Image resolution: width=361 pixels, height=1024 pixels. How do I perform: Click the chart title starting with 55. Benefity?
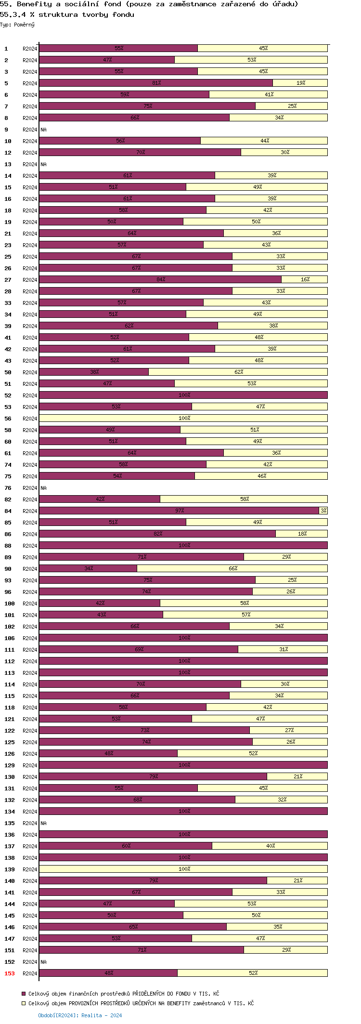point(149,4)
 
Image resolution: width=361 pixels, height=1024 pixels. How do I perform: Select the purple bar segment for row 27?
point(160,279)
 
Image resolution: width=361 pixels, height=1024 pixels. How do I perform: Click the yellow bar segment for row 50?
point(238,372)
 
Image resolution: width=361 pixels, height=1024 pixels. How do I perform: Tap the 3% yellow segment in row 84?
point(323,511)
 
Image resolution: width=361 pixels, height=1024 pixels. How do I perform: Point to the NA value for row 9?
point(43,130)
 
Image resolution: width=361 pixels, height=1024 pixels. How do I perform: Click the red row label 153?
point(10,973)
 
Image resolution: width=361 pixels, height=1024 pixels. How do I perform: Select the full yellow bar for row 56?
point(183,418)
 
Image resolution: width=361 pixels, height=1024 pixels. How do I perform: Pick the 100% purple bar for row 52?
point(183,395)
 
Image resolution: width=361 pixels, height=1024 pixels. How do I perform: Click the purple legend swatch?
point(24,994)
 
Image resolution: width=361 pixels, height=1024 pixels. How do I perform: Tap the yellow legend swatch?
point(24,1003)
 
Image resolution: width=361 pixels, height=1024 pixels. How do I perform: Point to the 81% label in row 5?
point(156,83)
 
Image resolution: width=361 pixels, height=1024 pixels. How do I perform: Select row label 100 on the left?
point(10,604)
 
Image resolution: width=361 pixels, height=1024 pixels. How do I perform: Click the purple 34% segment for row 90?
point(88,568)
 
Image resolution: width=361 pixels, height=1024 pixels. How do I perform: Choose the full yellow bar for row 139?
point(183,869)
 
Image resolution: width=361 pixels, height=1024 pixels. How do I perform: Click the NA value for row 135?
point(43,823)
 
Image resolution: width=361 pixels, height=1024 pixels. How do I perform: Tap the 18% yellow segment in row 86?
point(302,534)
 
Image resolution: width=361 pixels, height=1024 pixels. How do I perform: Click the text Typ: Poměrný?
point(17,25)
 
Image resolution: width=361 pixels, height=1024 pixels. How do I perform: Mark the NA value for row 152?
point(43,962)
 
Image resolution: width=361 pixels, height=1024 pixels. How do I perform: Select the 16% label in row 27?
point(305,279)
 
